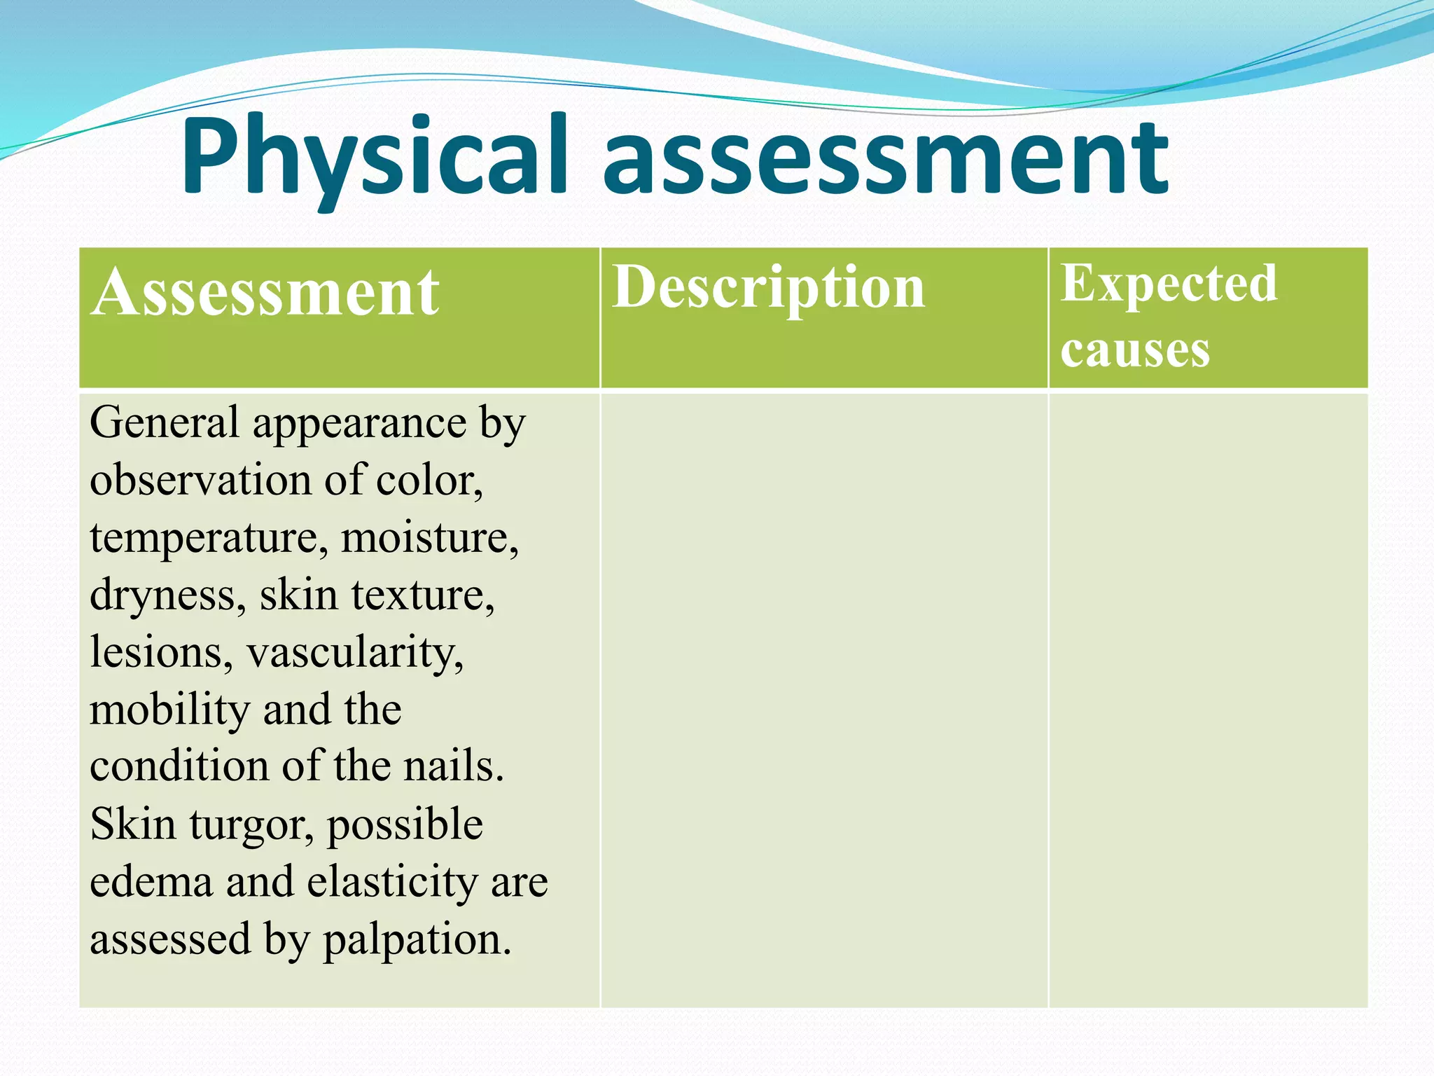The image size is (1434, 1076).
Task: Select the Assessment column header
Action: [x=265, y=293]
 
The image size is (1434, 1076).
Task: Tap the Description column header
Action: [x=768, y=287]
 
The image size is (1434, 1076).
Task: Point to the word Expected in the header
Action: [x=1169, y=283]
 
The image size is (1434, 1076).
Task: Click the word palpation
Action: [x=417, y=940]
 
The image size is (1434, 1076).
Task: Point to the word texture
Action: [x=422, y=595]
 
